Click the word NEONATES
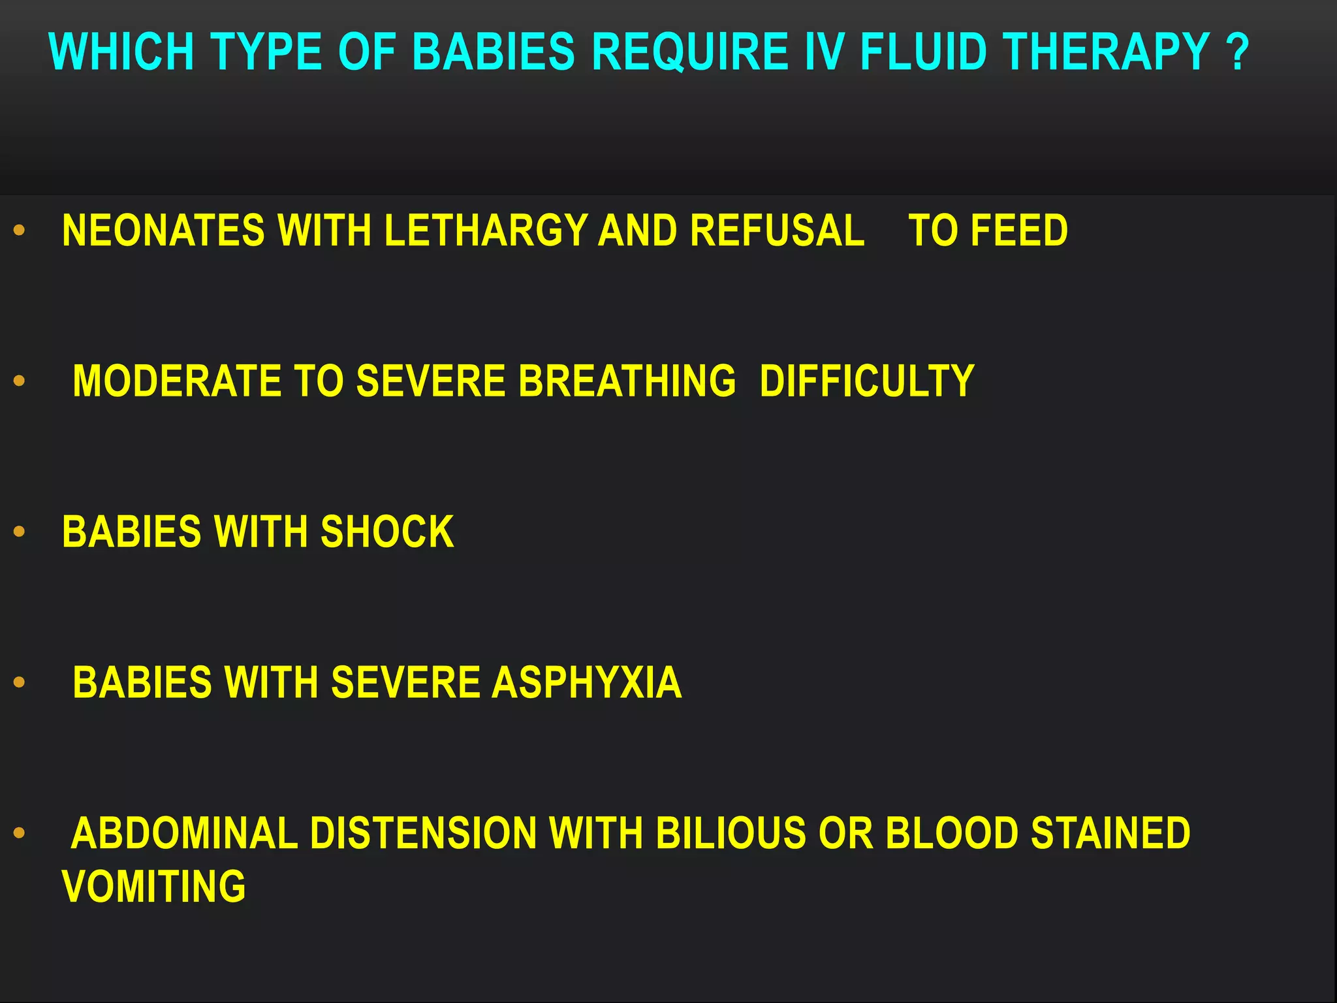(x=163, y=231)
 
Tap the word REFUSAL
(x=777, y=231)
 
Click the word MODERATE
(x=177, y=381)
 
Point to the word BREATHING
(x=627, y=381)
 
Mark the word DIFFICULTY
(x=867, y=381)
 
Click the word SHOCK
(x=387, y=532)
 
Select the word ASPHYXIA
(x=586, y=682)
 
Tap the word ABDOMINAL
(x=184, y=833)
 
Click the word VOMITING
(x=154, y=887)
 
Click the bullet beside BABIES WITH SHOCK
(x=20, y=532)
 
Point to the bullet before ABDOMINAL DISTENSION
(x=20, y=833)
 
